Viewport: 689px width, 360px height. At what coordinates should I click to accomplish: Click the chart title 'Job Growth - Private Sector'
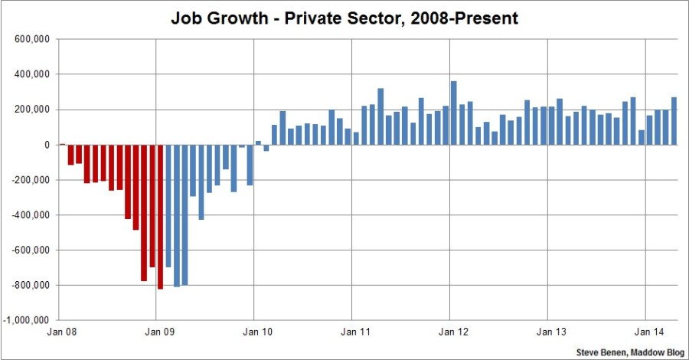(344, 18)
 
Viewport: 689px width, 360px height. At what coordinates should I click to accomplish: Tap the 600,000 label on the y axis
(32, 39)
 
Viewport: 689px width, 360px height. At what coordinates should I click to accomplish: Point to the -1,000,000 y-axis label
(28, 320)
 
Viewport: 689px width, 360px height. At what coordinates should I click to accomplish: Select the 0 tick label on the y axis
(47, 145)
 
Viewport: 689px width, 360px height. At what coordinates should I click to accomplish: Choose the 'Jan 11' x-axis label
(351, 332)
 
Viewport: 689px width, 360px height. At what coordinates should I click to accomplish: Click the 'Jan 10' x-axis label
(254, 332)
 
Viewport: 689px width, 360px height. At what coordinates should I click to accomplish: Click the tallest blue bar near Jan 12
(453, 113)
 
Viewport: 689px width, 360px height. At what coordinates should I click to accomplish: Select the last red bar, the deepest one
(160, 217)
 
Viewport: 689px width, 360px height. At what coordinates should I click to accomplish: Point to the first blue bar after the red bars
(168, 205)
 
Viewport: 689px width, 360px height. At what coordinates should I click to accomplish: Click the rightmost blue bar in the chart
(674, 121)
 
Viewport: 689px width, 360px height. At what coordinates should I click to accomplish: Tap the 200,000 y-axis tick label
(32, 110)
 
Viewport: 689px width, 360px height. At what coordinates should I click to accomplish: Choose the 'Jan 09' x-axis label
(156, 332)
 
